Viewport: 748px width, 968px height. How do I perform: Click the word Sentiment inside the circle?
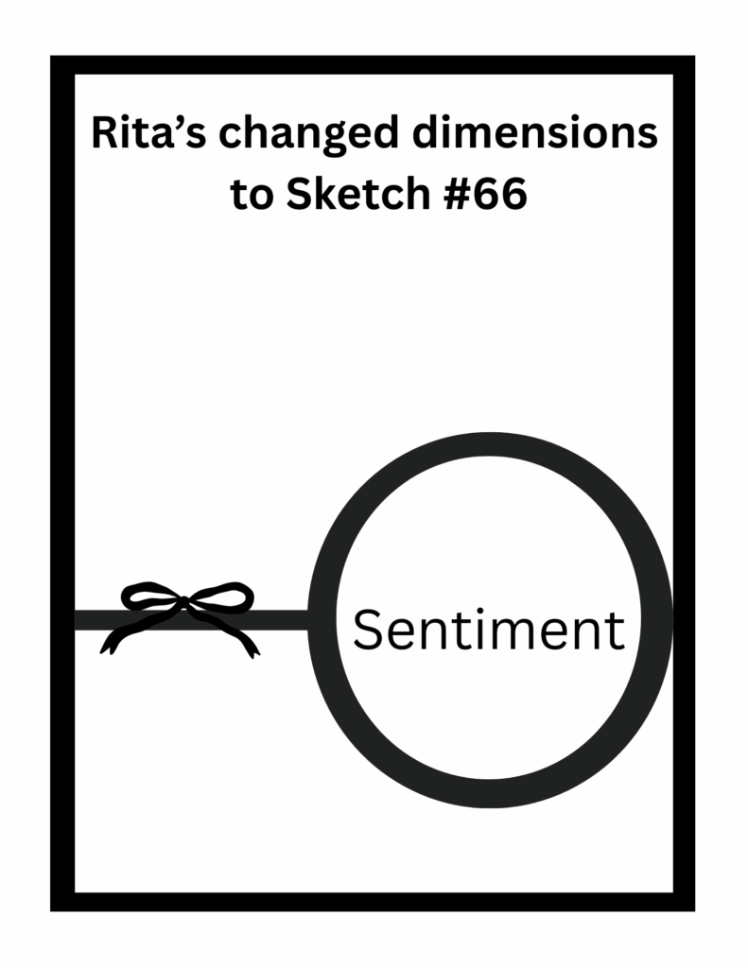488,630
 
